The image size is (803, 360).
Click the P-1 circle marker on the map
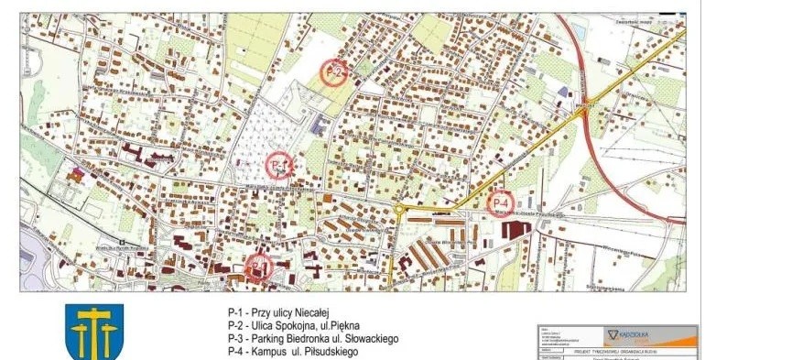click(x=279, y=166)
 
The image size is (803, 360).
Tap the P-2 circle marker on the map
click(x=334, y=71)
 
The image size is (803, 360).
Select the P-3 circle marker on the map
click(x=259, y=267)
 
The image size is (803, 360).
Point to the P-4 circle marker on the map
click(x=501, y=202)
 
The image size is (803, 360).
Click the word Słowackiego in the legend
click(x=370, y=338)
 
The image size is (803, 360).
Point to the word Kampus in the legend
click(x=271, y=351)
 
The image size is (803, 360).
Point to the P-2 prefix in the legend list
click(x=236, y=325)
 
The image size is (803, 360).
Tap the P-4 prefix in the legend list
click(x=236, y=351)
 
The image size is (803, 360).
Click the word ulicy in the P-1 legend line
click(x=277, y=312)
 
